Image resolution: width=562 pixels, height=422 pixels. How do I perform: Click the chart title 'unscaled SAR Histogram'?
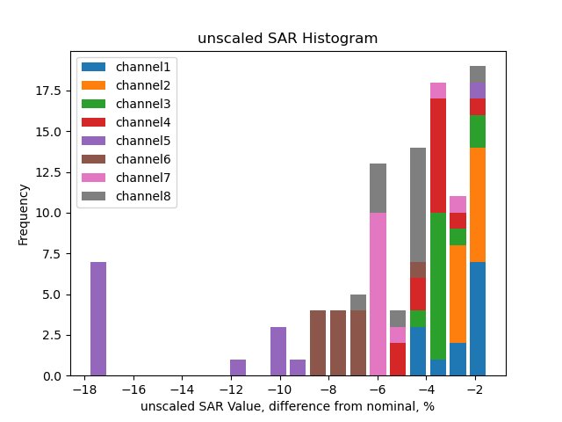pos(287,39)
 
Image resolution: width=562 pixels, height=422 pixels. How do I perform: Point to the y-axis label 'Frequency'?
pos(24,214)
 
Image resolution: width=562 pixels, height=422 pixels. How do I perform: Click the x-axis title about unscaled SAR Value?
pos(287,406)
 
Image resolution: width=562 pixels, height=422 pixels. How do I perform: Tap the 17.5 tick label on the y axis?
pos(48,91)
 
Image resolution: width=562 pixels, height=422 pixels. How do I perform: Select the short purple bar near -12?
pos(238,367)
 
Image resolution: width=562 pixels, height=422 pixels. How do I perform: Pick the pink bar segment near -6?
pos(378,294)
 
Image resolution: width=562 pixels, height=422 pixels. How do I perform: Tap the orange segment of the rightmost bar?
pos(478,205)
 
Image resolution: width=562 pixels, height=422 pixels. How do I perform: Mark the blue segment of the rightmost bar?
pos(478,318)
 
